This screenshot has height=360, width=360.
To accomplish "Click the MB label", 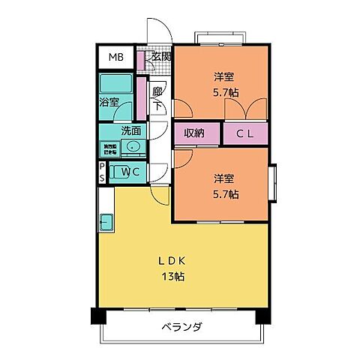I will coord(116,58).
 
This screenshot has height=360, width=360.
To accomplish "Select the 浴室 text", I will coord(109,102).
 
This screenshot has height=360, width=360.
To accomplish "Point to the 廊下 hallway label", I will coord(157,98).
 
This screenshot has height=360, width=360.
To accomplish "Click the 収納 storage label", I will coord(196,134).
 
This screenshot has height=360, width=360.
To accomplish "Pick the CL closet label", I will coord(244,134).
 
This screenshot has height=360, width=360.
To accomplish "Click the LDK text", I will coord(171,261).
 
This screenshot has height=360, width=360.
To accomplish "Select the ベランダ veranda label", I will coord(181,327).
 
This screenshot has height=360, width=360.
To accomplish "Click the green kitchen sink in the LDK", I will coord(106,222).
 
